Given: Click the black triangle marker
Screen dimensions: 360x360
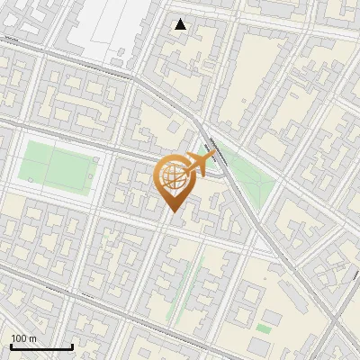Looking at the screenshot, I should point(181,24).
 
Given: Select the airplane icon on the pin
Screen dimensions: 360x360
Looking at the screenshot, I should point(200,163).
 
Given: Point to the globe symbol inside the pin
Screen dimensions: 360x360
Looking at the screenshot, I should point(174,177).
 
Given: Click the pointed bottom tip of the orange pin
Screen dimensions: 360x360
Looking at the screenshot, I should point(174,212).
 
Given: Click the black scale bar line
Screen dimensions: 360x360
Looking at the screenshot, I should point(41,347).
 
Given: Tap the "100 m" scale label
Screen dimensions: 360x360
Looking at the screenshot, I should point(23,338).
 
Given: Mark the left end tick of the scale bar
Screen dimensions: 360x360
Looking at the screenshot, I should point(11,346).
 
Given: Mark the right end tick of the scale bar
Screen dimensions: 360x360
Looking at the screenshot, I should point(72,346).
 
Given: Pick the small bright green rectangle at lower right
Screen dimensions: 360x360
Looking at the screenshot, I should point(263,328).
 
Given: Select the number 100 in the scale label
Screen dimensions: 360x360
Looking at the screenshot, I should point(19,338).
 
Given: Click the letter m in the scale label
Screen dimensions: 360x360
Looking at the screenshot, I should point(32,338).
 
